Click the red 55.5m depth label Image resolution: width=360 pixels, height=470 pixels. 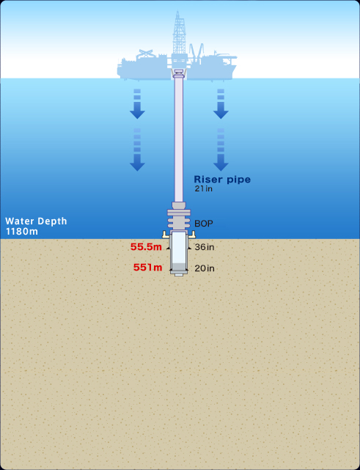coord(146,246)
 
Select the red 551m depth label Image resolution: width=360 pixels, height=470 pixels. coord(147,268)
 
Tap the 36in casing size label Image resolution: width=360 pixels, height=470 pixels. coord(205,247)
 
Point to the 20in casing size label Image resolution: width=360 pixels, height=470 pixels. coord(205,268)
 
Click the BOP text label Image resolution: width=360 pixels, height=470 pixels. coord(204,224)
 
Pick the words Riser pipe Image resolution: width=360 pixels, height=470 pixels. coord(222,179)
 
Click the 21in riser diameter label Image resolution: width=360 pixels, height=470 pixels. coord(204,188)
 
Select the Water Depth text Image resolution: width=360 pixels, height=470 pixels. coord(36,221)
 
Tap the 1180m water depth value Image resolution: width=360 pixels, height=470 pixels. coord(22,232)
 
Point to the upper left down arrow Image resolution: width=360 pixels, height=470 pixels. coord(137,103)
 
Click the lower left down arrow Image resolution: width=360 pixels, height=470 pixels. coord(137,150)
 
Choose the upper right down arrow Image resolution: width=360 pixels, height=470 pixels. coord(221,103)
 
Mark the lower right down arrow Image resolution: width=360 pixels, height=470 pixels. coord(221,150)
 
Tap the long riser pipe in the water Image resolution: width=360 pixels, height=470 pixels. coord(179,138)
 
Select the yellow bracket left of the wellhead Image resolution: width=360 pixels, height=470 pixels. coord(165,235)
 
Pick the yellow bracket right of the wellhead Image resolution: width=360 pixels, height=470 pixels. coord(192,235)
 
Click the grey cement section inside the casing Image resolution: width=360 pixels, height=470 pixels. coord(179,266)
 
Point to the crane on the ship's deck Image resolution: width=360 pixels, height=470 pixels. coord(196,51)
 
